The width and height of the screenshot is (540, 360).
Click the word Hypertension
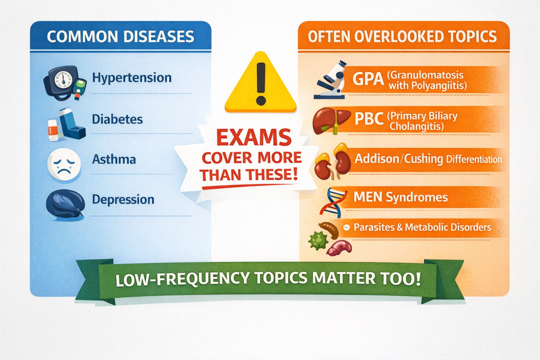132,78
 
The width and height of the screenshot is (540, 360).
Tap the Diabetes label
117,119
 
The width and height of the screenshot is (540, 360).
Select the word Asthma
114,159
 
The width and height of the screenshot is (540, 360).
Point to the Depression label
123,200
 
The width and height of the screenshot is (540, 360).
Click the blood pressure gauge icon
64,83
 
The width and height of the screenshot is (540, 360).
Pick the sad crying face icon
64,164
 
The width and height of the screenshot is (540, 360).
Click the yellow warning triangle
260,82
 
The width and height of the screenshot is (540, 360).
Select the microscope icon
330,80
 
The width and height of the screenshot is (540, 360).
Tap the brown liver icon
331,121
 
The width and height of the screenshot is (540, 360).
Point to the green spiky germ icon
318,240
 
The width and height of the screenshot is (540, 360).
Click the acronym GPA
368,79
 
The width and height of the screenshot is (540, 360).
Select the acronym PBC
369,119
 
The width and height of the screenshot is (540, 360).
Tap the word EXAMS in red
254,137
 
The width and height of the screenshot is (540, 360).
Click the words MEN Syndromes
400,197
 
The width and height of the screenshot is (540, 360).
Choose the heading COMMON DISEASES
120,36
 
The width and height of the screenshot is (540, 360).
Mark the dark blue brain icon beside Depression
65,204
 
